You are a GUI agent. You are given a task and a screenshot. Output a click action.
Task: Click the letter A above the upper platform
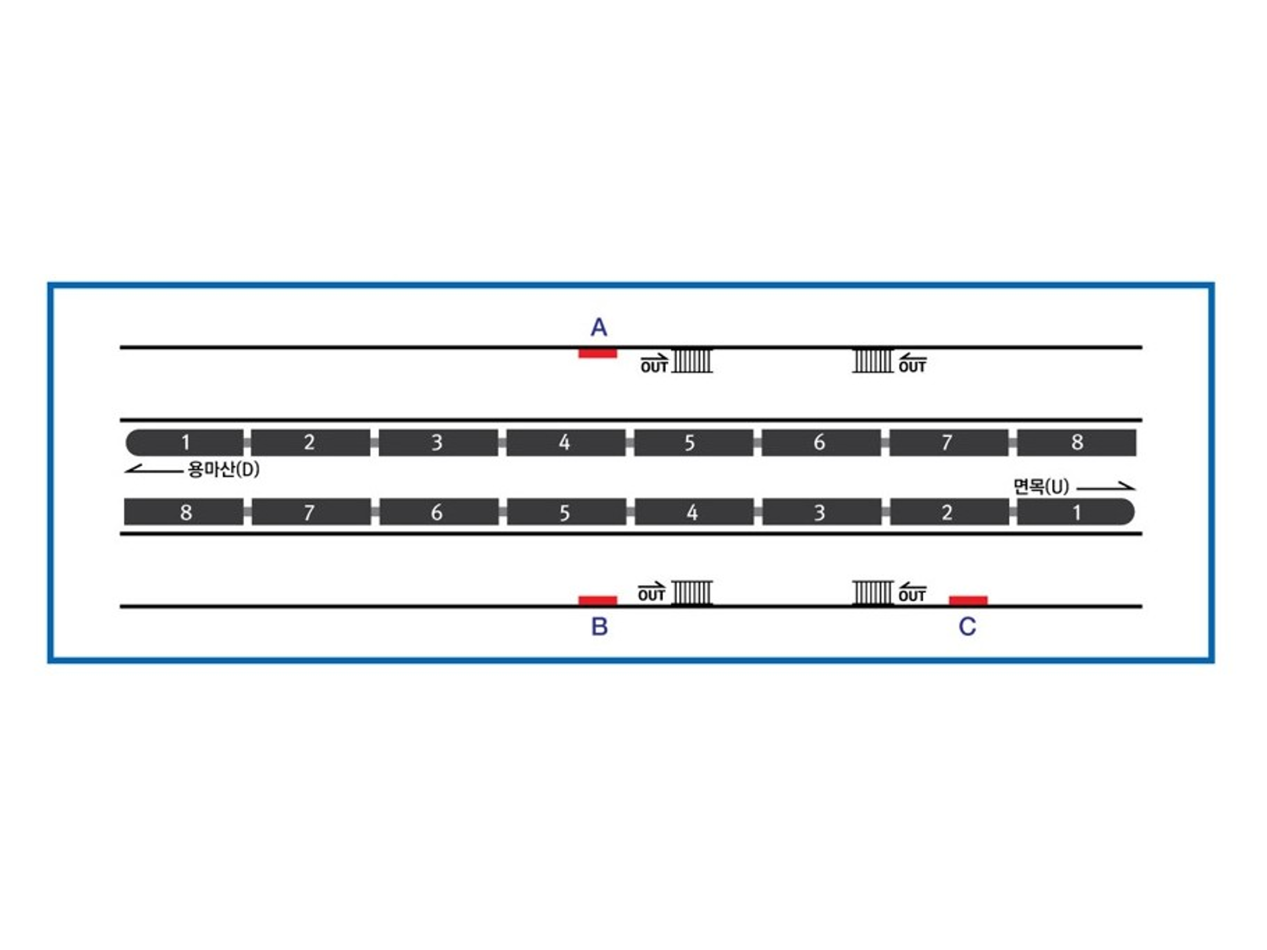click(x=598, y=327)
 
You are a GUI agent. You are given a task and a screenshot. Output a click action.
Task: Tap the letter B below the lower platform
click(x=599, y=627)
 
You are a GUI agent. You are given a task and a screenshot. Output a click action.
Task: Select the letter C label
click(x=967, y=627)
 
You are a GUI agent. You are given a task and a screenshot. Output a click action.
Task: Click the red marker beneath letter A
click(x=597, y=353)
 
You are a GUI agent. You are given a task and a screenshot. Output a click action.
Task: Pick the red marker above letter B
click(x=597, y=600)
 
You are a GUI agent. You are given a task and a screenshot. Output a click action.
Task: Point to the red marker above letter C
click(x=968, y=600)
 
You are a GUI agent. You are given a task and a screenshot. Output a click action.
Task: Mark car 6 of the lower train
click(x=438, y=512)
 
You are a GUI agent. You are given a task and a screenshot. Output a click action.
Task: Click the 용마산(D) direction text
click(x=224, y=470)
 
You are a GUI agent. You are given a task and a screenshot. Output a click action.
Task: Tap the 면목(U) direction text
click(x=1041, y=487)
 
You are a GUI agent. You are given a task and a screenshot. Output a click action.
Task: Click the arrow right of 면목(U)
click(x=1105, y=487)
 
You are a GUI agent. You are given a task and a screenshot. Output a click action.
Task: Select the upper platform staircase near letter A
click(x=692, y=361)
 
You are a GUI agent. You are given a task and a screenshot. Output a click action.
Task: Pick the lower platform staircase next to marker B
click(x=692, y=593)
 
